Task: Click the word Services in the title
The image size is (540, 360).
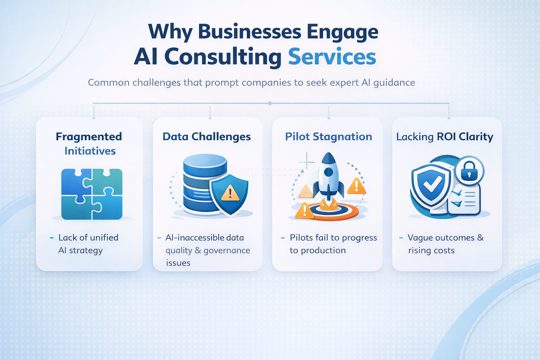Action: click(x=332, y=57)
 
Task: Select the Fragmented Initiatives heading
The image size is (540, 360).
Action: click(x=89, y=143)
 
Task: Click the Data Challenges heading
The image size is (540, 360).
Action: click(x=207, y=136)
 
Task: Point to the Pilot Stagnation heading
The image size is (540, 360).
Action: click(x=328, y=136)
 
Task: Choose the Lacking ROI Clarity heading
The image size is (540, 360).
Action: click(x=445, y=136)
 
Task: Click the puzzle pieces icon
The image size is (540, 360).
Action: click(x=92, y=194)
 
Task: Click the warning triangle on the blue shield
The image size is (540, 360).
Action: click(x=230, y=193)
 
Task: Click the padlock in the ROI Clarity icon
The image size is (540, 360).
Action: click(x=469, y=171)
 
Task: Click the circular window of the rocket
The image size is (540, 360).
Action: click(x=328, y=172)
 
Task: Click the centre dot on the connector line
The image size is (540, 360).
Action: click(x=270, y=103)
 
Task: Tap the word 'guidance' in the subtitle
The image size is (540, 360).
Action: click(x=394, y=83)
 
